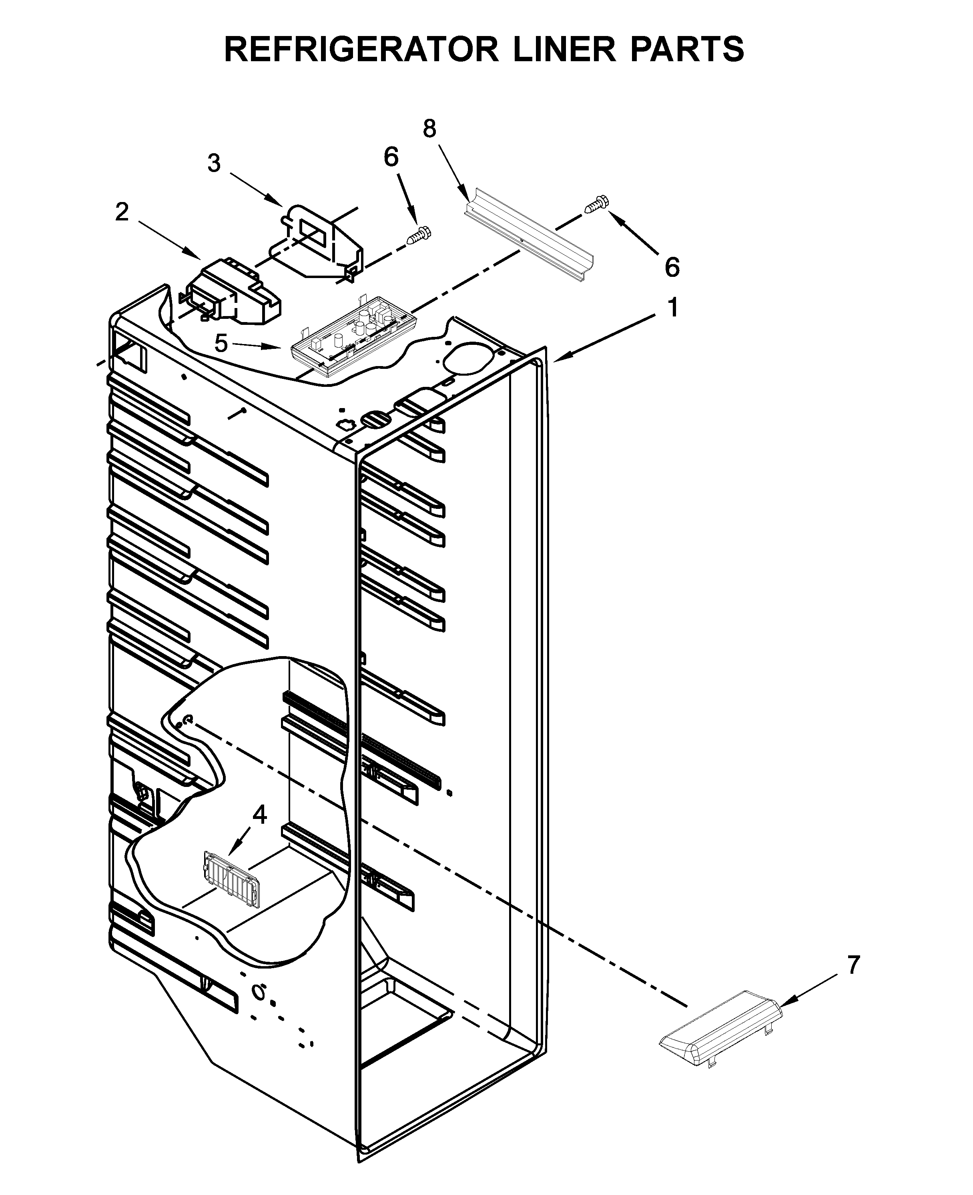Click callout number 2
pyautogui.click(x=122, y=212)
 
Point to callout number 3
pyautogui.click(x=214, y=164)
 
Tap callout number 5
pyautogui.click(x=221, y=343)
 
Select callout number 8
pyautogui.click(x=429, y=129)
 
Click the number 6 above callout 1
pyautogui.click(x=672, y=267)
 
